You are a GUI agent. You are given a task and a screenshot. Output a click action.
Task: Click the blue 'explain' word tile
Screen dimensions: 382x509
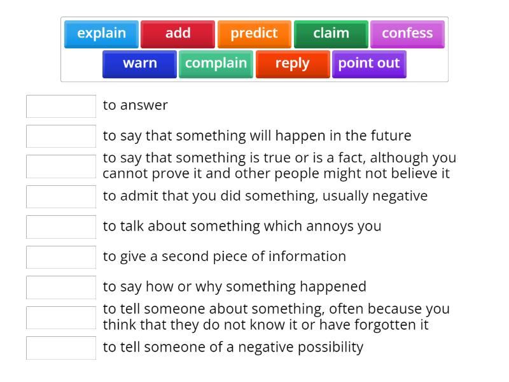(102, 34)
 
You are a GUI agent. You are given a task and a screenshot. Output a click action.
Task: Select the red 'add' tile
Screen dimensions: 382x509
(178, 34)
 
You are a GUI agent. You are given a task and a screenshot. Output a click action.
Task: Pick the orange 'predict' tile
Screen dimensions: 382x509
(254, 34)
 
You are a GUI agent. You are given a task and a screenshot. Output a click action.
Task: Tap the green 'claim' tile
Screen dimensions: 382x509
(331, 34)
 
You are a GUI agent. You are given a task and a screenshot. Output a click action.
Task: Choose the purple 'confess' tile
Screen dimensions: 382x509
(407, 34)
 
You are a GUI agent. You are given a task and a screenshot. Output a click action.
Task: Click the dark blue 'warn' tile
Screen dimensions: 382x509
(139, 64)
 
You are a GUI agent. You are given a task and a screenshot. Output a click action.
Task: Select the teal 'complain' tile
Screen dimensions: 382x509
(216, 64)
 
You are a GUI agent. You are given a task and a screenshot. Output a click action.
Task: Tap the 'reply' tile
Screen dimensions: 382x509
(292, 64)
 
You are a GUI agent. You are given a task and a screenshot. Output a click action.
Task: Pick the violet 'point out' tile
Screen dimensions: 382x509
(369, 64)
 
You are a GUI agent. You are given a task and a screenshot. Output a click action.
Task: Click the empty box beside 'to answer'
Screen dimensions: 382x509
(61, 106)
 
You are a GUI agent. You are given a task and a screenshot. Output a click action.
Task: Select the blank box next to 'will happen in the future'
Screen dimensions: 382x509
(61, 136)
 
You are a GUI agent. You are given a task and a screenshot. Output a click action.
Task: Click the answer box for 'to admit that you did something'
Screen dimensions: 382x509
(61, 196)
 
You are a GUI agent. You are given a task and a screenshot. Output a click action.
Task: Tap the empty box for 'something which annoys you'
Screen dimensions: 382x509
(61, 226)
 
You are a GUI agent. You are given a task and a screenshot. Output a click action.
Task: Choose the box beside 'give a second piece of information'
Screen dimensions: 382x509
(61, 257)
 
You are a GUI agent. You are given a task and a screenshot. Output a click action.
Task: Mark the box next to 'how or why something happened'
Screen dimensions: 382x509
(61, 286)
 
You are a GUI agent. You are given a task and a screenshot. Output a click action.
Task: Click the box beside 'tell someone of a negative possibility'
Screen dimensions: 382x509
(61, 347)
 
